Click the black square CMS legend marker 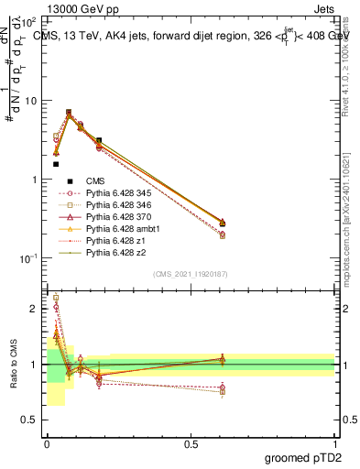tap(68, 182)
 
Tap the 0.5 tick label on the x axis tap(190, 442)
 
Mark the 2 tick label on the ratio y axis tap(34, 309)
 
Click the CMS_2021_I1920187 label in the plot tap(190, 274)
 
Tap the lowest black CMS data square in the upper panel tap(56, 164)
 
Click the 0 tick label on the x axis tap(46, 442)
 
